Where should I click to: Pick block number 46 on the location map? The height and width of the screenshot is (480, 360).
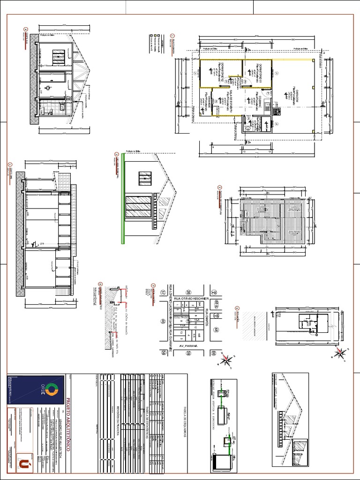point(163,322)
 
